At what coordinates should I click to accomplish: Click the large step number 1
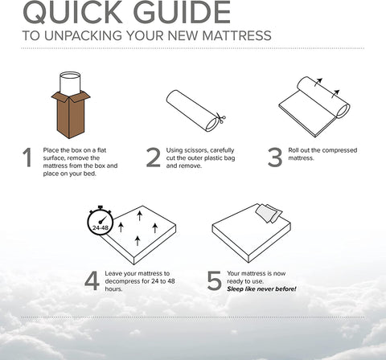coord(27,157)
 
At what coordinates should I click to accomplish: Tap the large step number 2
coord(154,157)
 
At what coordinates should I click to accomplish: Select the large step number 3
coord(275,157)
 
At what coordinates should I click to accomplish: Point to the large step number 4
coord(92,280)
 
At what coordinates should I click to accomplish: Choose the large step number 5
coord(214,280)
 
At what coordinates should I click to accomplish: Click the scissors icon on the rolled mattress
coord(220,118)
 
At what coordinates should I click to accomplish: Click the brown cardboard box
coord(71,114)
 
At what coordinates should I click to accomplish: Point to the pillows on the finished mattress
coord(269,213)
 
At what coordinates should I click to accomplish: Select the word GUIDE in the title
coord(182,12)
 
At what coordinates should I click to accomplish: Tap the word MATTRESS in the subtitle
coord(236,35)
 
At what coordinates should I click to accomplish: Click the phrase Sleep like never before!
coord(261,289)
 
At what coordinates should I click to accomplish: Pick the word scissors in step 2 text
coord(195,150)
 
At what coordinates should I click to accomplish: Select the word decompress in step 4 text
coord(122,281)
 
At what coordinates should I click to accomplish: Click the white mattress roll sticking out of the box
coord(70,84)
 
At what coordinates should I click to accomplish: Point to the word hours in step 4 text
coord(113,289)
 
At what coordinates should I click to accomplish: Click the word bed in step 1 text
coord(90,174)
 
